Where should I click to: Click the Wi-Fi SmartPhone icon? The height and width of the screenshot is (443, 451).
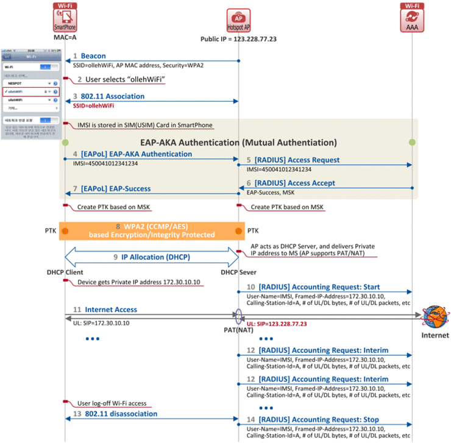pyautogui.click(x=65, y=18)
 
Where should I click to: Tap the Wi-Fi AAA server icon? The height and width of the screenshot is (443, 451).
pyautogui.click(x=412, y=18)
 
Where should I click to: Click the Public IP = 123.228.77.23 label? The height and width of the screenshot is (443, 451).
pyautogui.click(x=238, y=39)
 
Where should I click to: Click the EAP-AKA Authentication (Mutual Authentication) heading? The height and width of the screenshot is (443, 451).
pyautogui.click(x=238, y=143)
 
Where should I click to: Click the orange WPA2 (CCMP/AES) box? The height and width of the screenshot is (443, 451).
pyautogui.click(x=152, y=230)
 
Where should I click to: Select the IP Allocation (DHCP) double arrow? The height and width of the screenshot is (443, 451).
pyautogui.click(x=152, y=258)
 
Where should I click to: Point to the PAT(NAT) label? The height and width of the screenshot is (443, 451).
pyautogui.click(x=238, y=329)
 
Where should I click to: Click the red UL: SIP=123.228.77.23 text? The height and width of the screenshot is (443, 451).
pyautogui.click(x=276, y=324)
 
